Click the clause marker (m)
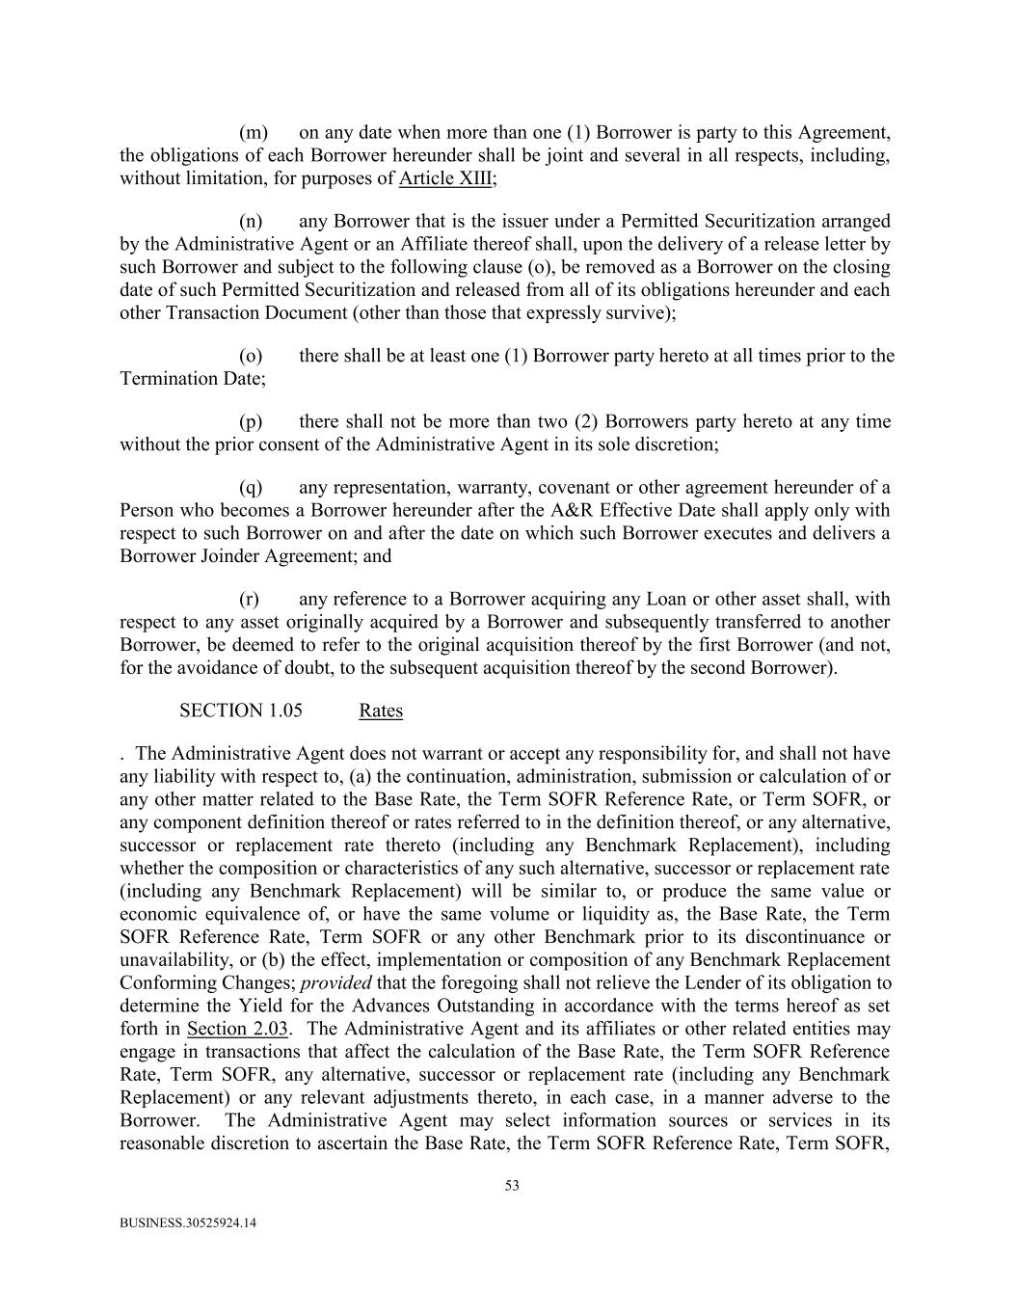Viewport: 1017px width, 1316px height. tap(254, 132)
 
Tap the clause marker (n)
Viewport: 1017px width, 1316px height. tap(253, 221)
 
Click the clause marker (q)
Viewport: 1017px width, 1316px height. tap(252, 487)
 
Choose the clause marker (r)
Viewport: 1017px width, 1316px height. tap(250, 599)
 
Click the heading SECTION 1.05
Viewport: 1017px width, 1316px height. tap(240, 711)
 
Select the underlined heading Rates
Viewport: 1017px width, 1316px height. tap(381, 711)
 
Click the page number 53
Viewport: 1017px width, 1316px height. tap(512, 1186)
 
